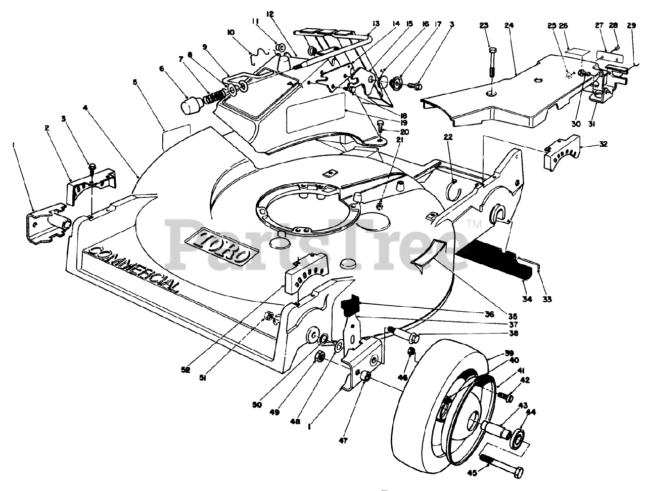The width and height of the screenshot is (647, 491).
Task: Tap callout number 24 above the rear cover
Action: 509,25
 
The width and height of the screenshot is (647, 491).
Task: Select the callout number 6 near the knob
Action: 161,68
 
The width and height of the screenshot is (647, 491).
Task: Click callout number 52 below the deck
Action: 186,370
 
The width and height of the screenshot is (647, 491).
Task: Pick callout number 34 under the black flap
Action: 527,299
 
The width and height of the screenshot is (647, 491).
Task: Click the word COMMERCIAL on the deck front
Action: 134,269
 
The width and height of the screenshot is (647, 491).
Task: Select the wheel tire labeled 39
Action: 442,413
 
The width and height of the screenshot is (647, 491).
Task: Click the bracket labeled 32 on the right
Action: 562,153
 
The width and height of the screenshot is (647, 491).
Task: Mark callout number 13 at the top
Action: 376,24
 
